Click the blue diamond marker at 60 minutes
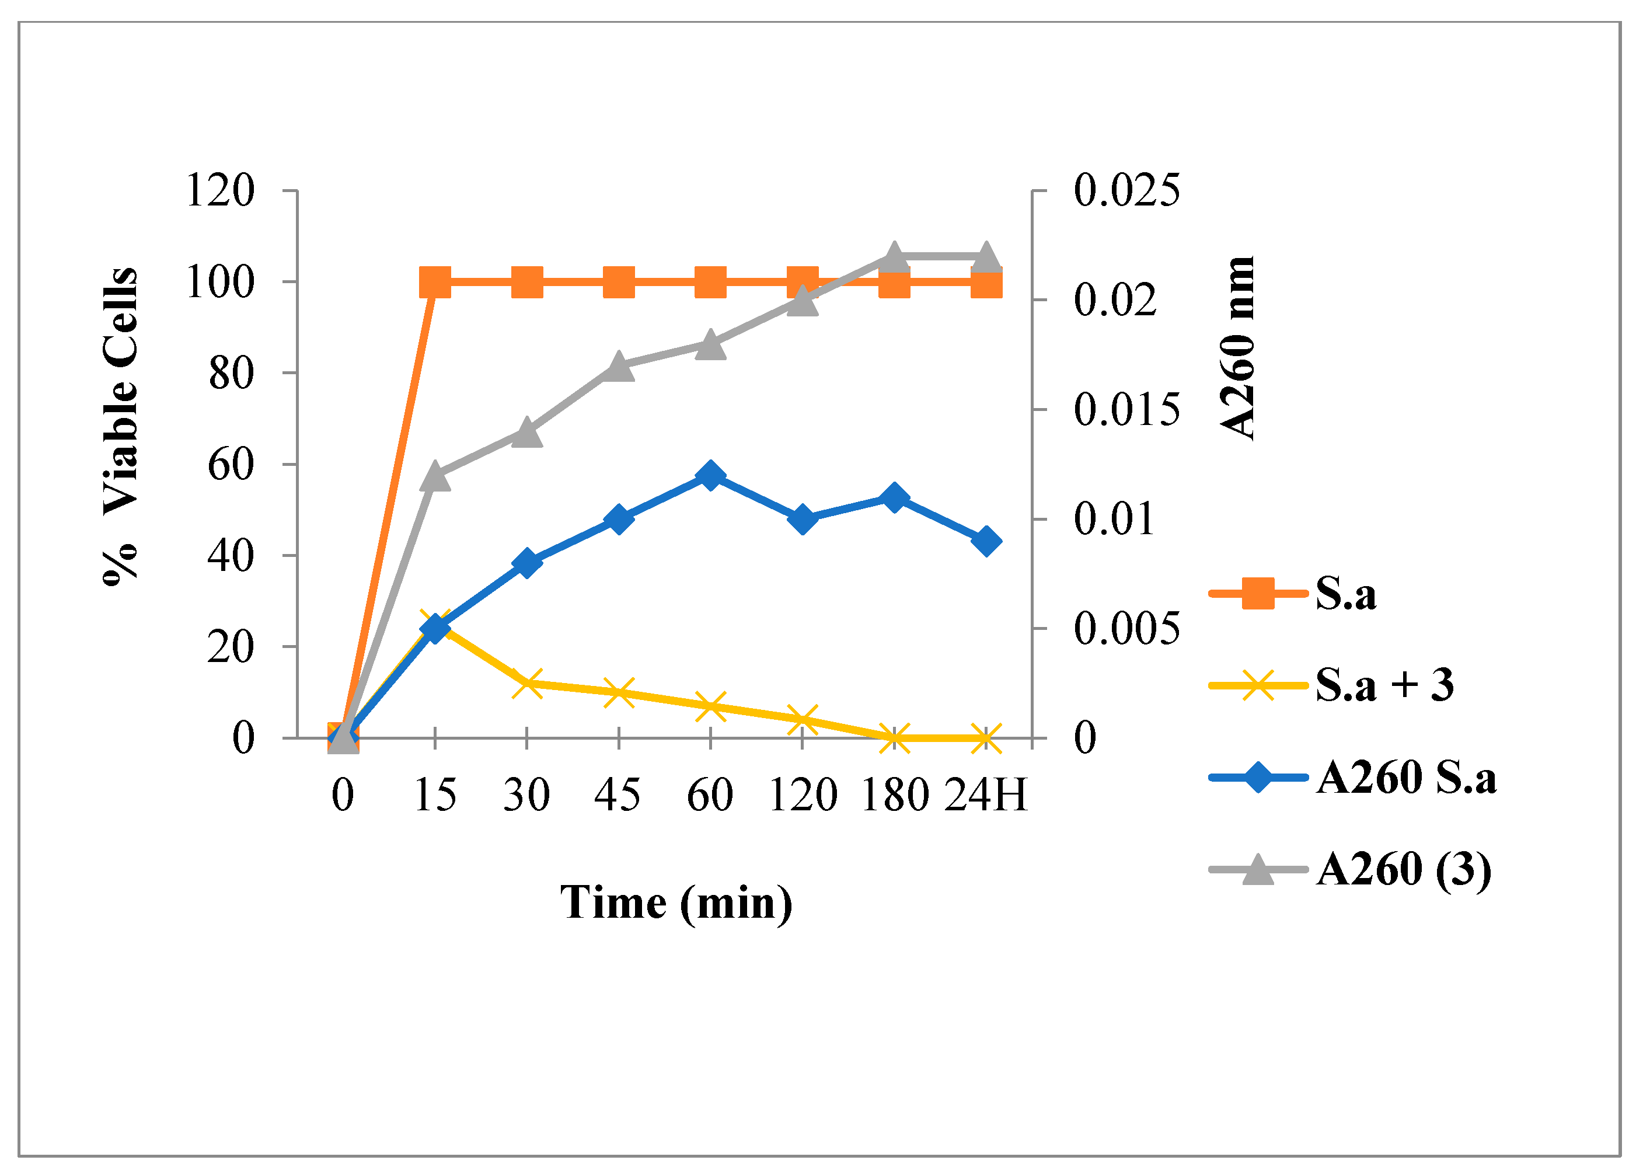(710, 476)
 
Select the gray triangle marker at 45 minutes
(619, 367)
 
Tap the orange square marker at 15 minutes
(435, 282)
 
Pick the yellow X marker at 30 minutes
(527, 683)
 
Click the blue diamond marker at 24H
(986, 541)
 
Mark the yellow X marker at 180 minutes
(894, 738)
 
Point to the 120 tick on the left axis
(221, 191)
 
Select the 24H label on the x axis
(986, 796)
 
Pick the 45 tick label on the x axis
(618, 796)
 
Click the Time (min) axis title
(676, 902)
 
